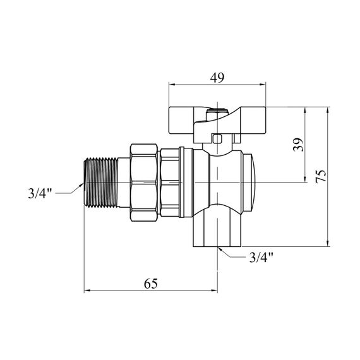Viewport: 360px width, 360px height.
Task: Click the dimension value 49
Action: pos(217,78)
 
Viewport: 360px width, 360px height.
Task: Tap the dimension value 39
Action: pos(298,145)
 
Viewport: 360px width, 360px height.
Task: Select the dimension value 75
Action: pos(321,176)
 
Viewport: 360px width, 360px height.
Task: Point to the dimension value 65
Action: pos(150,284)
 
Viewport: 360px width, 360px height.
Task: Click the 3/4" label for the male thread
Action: pos(40,193)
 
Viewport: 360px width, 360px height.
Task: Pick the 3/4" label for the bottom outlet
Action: pos(261,258)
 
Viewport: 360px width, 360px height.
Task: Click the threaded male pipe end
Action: pos(101,183)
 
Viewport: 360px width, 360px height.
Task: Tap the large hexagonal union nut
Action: pos(145,183)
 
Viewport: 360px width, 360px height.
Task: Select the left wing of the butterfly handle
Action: pos(181,120)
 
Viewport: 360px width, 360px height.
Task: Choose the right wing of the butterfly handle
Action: pos(253,120)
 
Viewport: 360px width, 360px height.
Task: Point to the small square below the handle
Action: pos(217,139)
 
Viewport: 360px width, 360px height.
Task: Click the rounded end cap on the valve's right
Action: pos(250,183)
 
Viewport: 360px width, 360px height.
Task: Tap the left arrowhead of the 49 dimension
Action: pos(172,84)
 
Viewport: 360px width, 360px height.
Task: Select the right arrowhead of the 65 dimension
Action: pos(214,291)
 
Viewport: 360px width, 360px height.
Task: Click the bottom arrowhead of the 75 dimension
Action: pos(328,244)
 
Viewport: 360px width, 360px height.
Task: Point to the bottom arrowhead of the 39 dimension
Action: pos(305,179)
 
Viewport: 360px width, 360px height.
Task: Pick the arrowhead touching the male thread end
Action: pos(81,185)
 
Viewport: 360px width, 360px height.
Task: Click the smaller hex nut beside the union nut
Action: pos(170,183)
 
